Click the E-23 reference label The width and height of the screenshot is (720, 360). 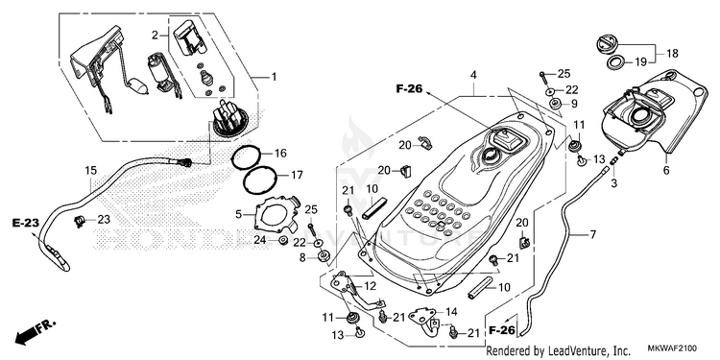[x=26, y=223]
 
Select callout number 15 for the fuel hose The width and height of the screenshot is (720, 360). [x=91, y=171]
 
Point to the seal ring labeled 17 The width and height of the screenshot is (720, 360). [x=259, y=180]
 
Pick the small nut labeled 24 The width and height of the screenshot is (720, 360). [x=283, y=240]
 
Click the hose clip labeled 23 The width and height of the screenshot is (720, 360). [x=80, y=222]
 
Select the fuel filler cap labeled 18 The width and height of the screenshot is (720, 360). [x=608, y=45]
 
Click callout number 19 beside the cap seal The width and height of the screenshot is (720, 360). [x=640, y=61]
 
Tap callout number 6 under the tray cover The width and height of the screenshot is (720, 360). [x=666, y=171]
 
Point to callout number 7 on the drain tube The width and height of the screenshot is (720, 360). [x=593, y=235]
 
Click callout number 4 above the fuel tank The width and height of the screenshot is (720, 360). [x=473, y=74]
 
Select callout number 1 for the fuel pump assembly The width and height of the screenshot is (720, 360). [x=275, y=77]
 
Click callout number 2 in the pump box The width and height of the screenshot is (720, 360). [x=155, y=35]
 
